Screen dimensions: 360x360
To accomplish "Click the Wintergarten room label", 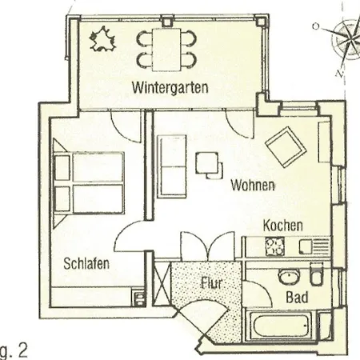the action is [170, 87].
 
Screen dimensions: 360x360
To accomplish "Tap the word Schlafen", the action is [86, 263].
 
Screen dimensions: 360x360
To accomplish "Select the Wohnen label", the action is [253, 185].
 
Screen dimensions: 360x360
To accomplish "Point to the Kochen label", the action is [282, 226].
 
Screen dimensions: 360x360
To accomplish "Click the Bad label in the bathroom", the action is [297, 297].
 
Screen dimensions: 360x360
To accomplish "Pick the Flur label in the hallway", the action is [211, 283].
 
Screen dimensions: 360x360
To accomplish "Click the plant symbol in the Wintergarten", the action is [102, 39].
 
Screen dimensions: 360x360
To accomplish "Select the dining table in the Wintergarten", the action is [166, 50].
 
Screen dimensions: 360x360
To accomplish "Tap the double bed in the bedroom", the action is [89, 183].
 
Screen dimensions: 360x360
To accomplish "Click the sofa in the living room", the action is [172, 166].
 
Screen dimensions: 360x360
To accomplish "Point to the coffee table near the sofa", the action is [209, 166].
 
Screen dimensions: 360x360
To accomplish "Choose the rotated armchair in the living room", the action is [286, 147].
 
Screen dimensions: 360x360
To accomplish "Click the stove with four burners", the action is [274, 246].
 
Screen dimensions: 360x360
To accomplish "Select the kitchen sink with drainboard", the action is [314, 246].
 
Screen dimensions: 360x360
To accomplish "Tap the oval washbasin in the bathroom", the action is [290, 276].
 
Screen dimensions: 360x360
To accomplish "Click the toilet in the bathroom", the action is [317, 274].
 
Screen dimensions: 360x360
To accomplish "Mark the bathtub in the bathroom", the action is [282, 326].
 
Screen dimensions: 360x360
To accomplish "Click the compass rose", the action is [346, 40].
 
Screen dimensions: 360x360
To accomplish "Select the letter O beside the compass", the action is [316, 26].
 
